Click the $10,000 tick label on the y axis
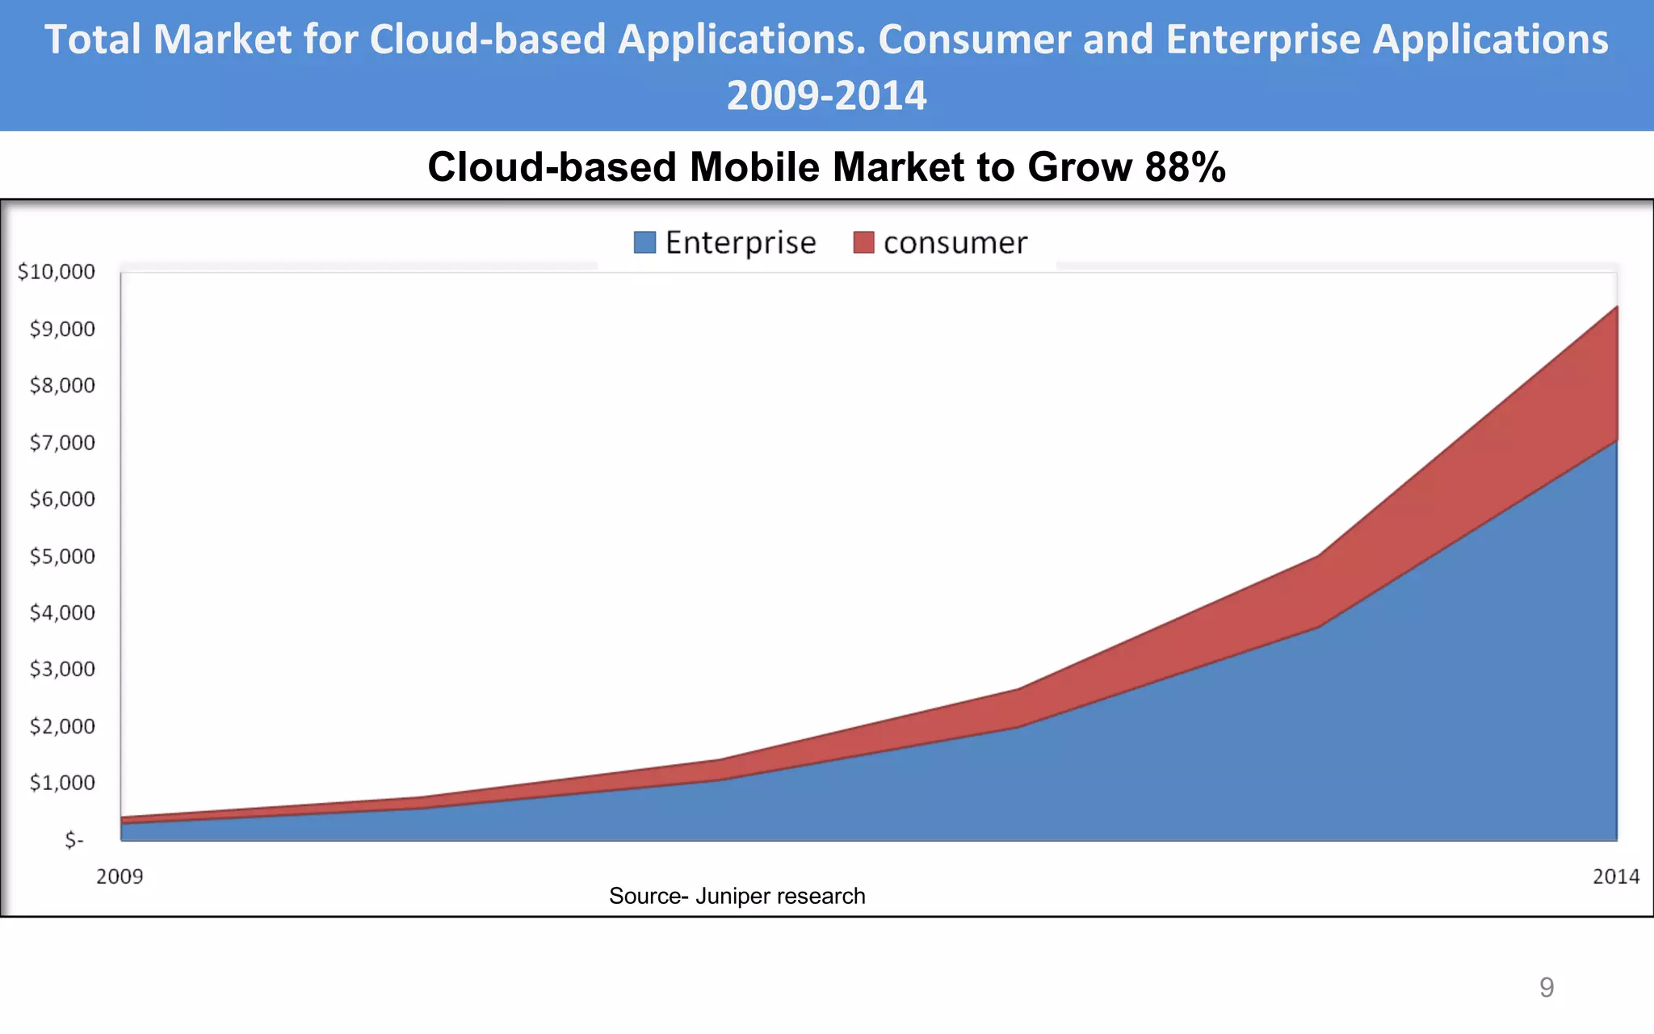pyautogui.click(x=57, y=271)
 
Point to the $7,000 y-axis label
pyautogui.click(x=62, y=443)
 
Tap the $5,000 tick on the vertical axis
pyautogui.click(x=62, y=557)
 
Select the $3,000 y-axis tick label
pyautogui.click(x=62, y=670)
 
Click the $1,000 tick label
pyautogui.click(x=62, y=783)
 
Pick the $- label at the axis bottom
pyautogui.click(x=74, y=840)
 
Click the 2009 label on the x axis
pyautogui.click(x=120, y=876)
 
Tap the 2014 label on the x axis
pyautogui.click(x=1615, y=876)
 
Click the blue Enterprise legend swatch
pyautogui.click(x=644, y=242)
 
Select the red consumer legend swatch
pyautogui.click(x=863, y=242)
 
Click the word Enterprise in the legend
pyautogui.click(x=741, y=242)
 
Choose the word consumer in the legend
pyautogui.click(x=955, y=243)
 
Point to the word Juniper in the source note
pyautogui.click(x=733, y=896)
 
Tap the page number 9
pyautogui.click(x=1547, y=987)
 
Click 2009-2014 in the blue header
pyautogui.click(x=826, y=95)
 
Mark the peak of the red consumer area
pyautogui.click(x=1616, y=308)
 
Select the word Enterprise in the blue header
pyautogui.click(x=1263, y=40)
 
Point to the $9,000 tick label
pyautogui.click(x=62, y=329)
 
